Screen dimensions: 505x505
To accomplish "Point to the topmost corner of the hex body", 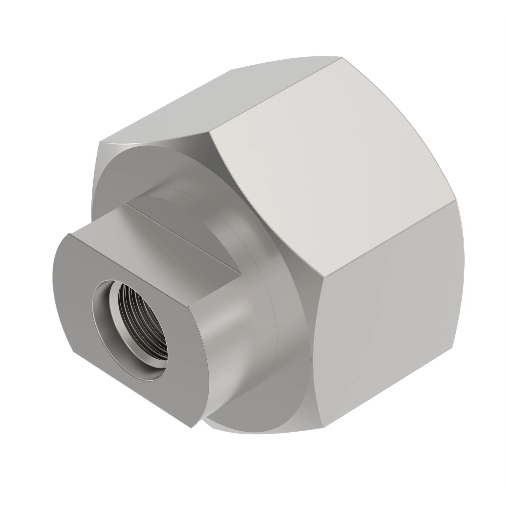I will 342,57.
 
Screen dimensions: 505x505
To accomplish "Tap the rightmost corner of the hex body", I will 456,200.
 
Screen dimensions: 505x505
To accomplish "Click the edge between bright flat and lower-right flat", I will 389,238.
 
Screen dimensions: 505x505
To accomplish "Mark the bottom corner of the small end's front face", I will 191,428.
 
